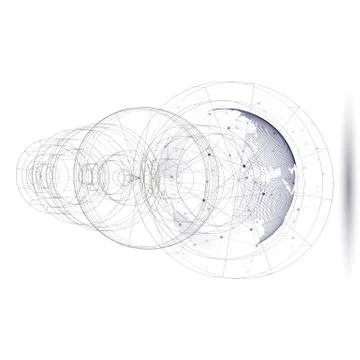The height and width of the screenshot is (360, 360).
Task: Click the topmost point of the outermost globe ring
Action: pyautogui.click(x=240, y=82)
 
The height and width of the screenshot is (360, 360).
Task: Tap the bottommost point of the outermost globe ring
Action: pyautogui.click(x=240, y=279)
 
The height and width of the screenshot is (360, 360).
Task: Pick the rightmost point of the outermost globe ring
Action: pyautogui.click(x=338, y=180)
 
